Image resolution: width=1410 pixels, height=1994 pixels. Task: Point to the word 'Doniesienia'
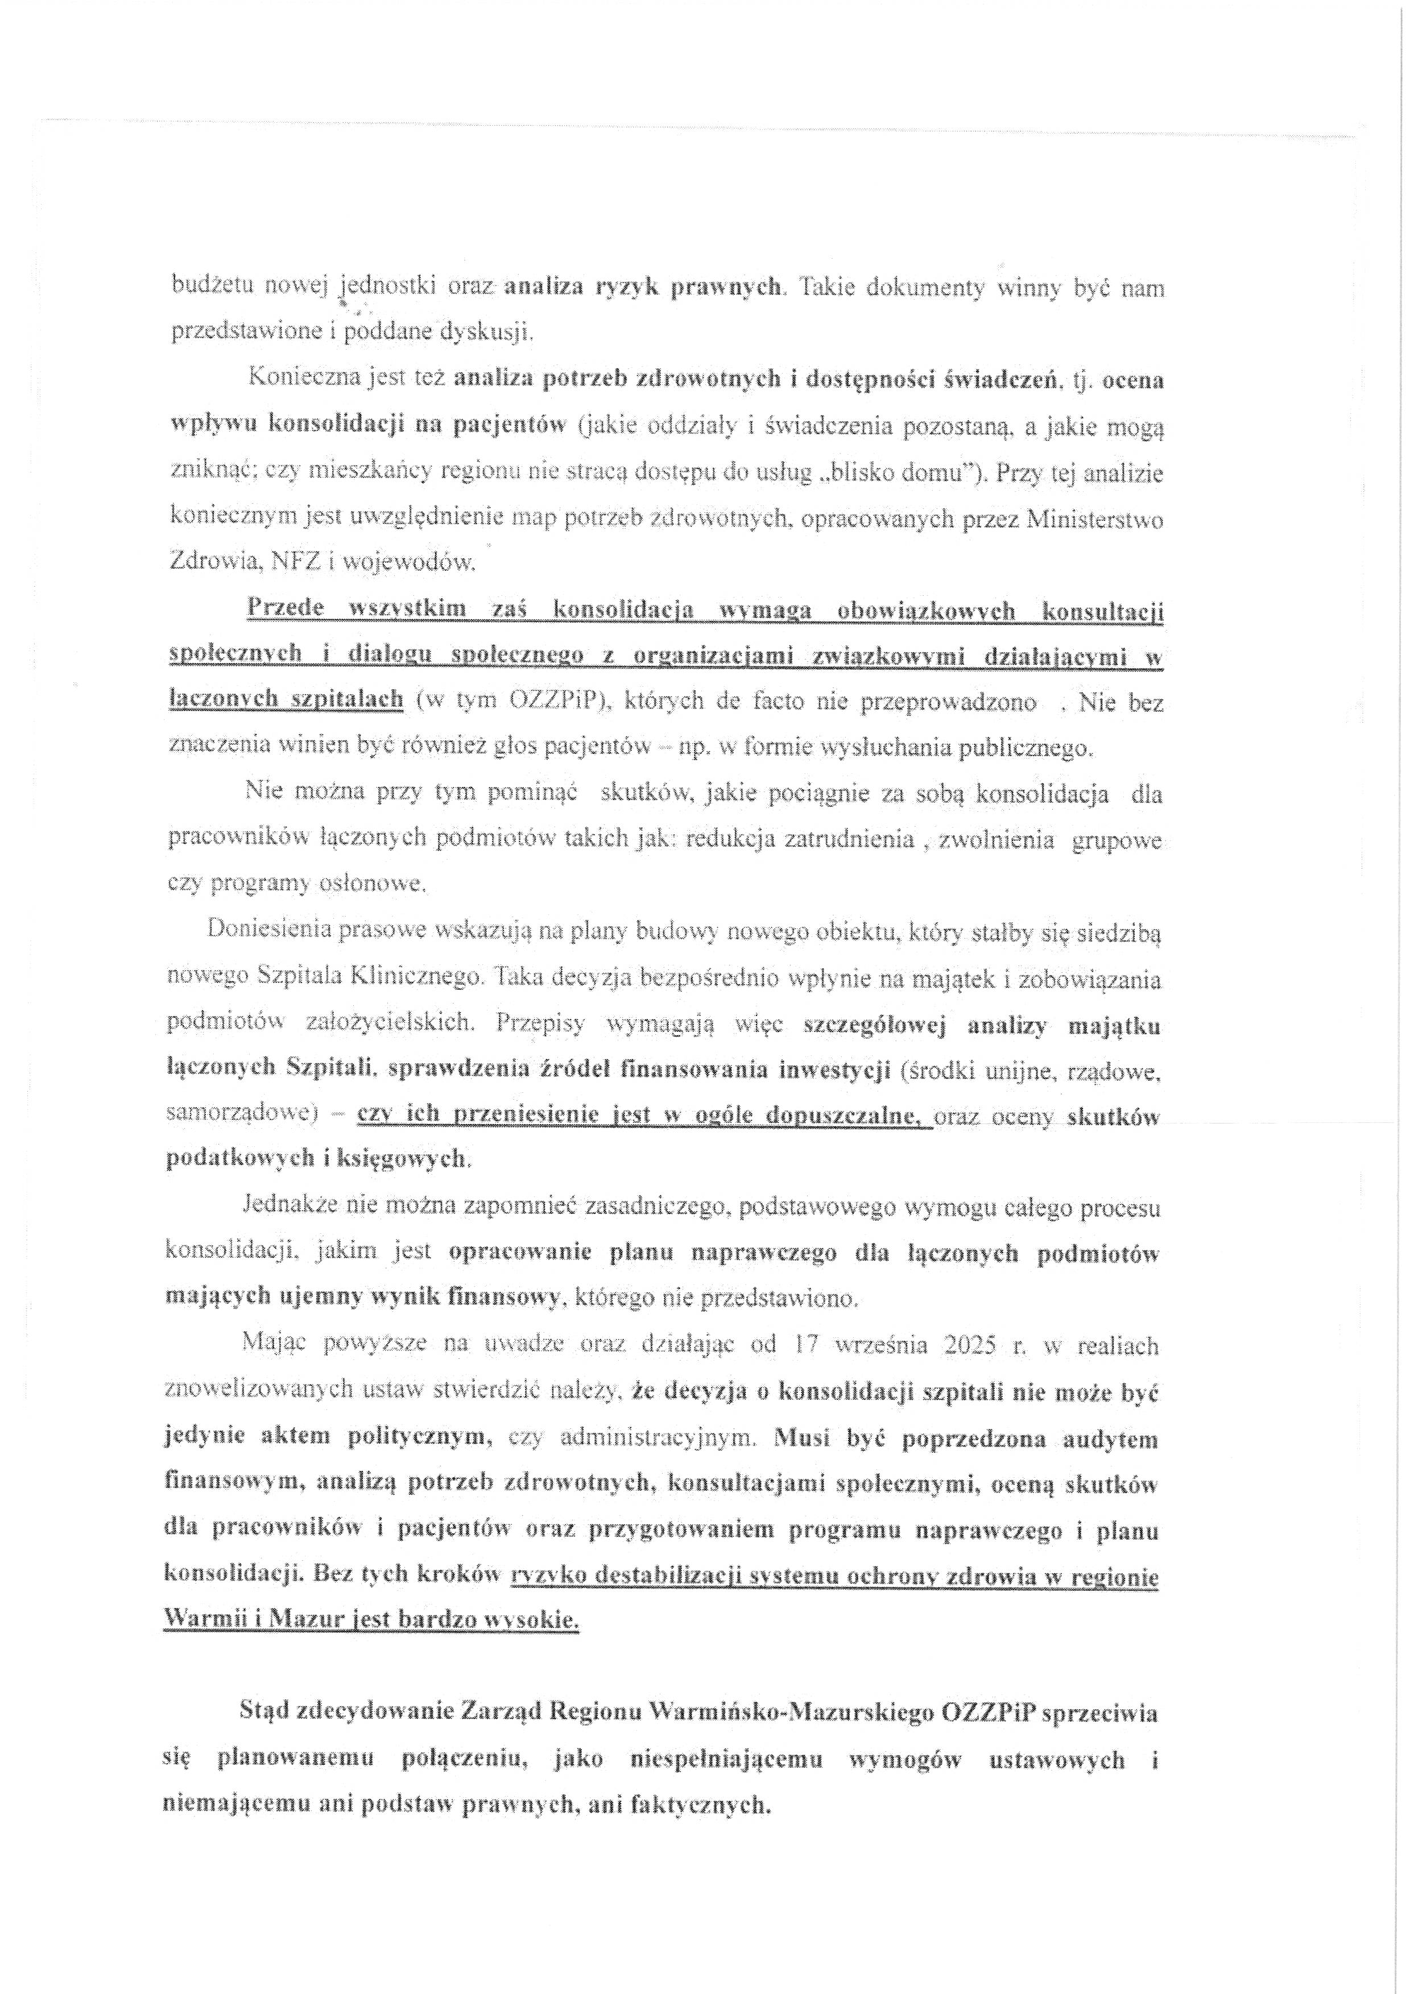pyautogui.click(x=267, y=931)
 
